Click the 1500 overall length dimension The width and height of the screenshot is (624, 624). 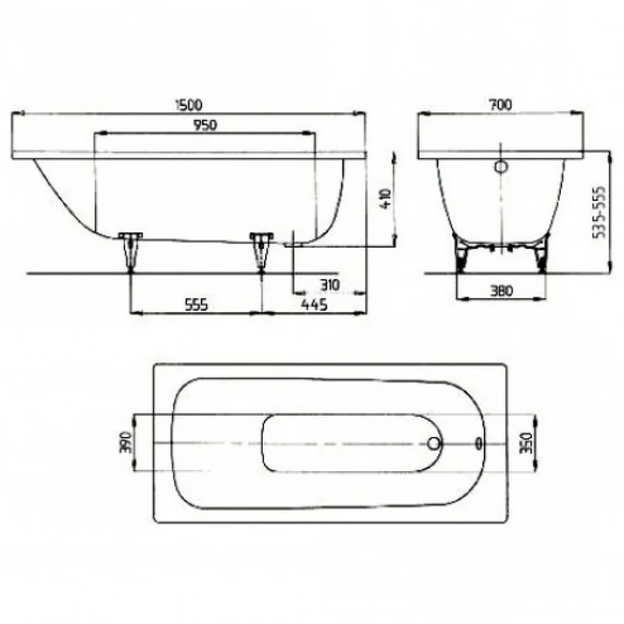click(189, 105)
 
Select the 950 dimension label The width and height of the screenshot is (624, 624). click(205, 125)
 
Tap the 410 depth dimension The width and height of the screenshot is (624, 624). click(385, 198)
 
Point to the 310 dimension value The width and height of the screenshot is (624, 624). click(329, 285)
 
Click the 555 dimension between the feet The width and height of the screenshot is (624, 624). click(197, 305)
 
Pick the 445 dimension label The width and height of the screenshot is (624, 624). click(314, 305)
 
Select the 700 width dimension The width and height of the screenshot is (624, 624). click(501, 105)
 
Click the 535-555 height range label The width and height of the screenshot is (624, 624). click(599, 212)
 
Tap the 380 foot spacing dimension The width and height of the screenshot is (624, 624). click(501, 291)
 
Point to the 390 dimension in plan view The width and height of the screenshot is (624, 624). click(126, 442)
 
